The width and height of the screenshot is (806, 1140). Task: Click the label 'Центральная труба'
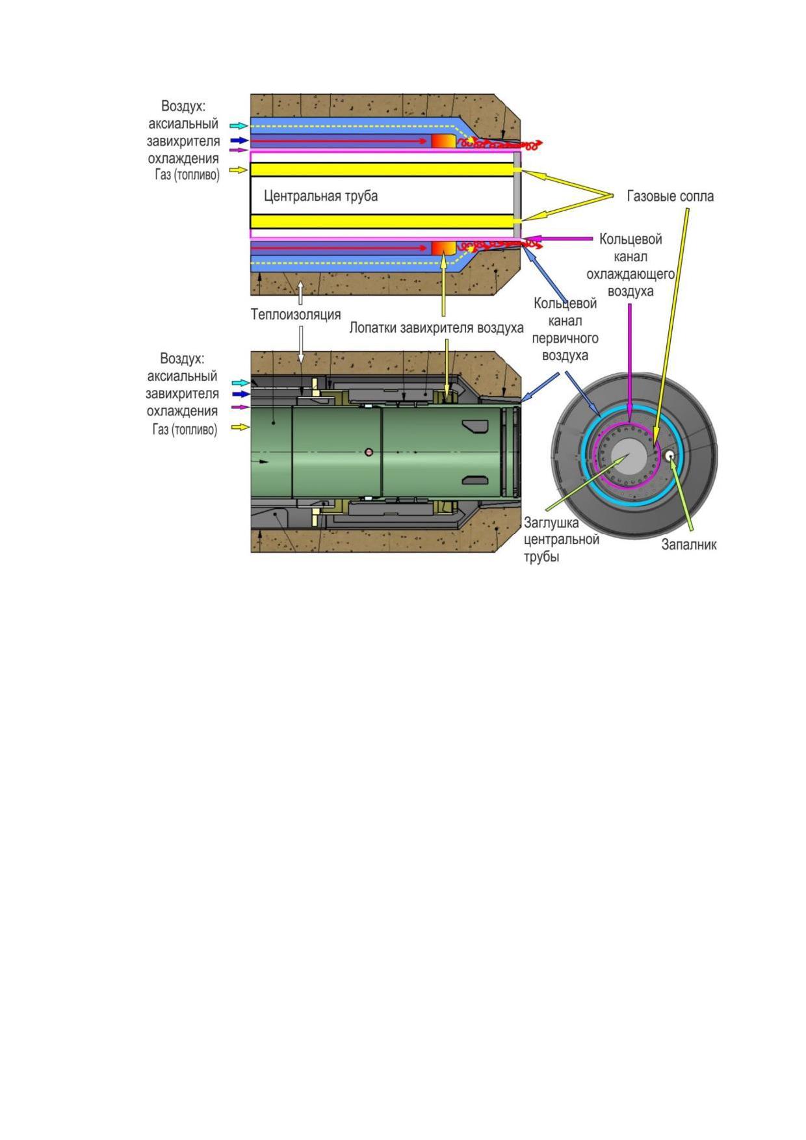(320, 196)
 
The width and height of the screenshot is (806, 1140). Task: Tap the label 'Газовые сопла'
(669, 196)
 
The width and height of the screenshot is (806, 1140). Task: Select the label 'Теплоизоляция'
(296, 315)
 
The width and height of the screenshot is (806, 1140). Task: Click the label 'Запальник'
(689, 545)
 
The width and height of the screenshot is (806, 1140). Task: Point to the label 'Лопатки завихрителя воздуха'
(436, 328)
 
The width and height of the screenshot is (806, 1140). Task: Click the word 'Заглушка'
(551, 523)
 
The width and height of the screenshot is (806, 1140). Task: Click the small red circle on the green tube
(369, 452)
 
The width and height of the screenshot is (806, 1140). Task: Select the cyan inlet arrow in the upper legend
(239, 125)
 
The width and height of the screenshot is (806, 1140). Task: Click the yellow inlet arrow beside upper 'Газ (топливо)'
(239, 170)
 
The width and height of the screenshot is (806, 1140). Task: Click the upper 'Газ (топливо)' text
(187, 175)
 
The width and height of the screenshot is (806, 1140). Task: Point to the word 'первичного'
(565, 339)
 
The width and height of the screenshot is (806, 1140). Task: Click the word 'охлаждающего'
(630, 274)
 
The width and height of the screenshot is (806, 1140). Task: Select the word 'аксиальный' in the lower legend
(182, 376)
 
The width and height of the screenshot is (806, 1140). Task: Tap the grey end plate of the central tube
(517, 195)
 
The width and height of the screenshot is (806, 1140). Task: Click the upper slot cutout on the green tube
(474, 426)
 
